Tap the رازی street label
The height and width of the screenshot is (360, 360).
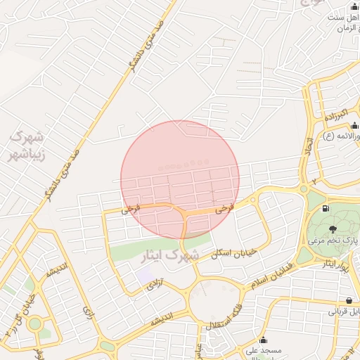pos(88,309)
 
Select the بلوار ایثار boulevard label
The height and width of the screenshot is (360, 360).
pos(333,265)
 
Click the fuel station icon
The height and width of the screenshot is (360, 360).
pos(325,208)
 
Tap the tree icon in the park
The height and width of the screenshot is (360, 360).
pos(333,228)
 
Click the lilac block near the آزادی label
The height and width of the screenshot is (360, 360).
pos(145,276)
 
